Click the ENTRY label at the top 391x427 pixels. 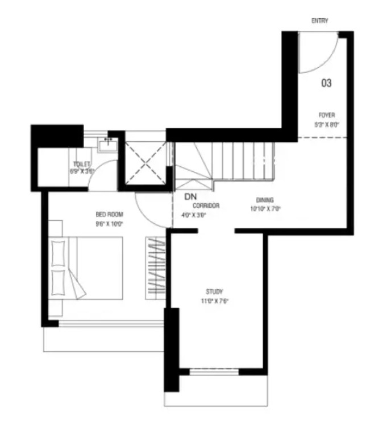coord(319,21)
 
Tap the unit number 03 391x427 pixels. coord(326,83)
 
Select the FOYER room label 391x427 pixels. coord(326,116)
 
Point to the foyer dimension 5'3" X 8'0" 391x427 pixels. coord(326,125)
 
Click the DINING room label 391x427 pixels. coord(265,200)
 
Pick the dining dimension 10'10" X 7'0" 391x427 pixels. coord(265,208)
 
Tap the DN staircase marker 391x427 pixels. coord(190,197)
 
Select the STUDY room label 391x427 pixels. coord(214,292)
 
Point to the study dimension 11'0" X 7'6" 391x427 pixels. coord(214,301)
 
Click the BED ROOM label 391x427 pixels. coord(110,215)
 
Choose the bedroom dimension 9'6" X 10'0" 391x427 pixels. coord(110,223)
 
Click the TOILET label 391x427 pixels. coord(82,163)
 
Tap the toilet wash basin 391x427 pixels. coord(106,145)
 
